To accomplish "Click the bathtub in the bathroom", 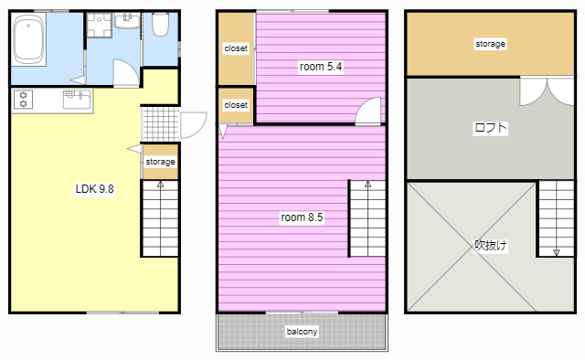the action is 28,39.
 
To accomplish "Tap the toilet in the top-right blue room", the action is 161,25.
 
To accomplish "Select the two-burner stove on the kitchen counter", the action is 23,100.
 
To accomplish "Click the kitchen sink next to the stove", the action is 77,100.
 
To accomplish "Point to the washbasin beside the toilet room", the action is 127,21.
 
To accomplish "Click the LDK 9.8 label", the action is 94,189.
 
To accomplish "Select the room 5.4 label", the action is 321,67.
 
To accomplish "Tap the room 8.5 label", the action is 302,217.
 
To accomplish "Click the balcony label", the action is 302,332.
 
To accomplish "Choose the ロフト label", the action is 490,128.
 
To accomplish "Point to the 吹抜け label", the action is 490,246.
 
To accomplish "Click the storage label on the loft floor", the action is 490,44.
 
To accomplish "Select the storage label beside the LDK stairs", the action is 161,162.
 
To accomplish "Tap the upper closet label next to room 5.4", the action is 236,48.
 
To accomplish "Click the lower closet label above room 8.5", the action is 236,105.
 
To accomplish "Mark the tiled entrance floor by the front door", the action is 161,124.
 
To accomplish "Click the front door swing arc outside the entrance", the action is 200,131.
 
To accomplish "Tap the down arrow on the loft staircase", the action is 557,252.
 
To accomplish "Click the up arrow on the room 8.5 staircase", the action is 367,184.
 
